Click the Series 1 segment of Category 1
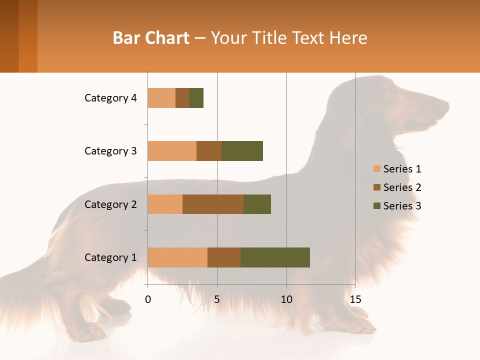coord(177,257)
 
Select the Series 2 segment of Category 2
coord(213,204)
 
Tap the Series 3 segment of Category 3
coord(242,151)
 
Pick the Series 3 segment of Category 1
coord(275,257)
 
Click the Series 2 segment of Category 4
coord(182,98)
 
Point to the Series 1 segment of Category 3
coord(172,151)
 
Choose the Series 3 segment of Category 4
coord(196,98)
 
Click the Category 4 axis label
coord(110,98)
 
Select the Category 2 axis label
coord(110,204)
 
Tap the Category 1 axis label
coord(110,257)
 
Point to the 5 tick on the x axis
coord(217,299)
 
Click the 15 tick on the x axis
coord(355,299)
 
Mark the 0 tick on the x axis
coord(148,299)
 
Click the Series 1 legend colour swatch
coord(376,169)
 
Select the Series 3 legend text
coord(402,205)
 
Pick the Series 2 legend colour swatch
coord(376,187)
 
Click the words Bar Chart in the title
coord(151,38)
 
